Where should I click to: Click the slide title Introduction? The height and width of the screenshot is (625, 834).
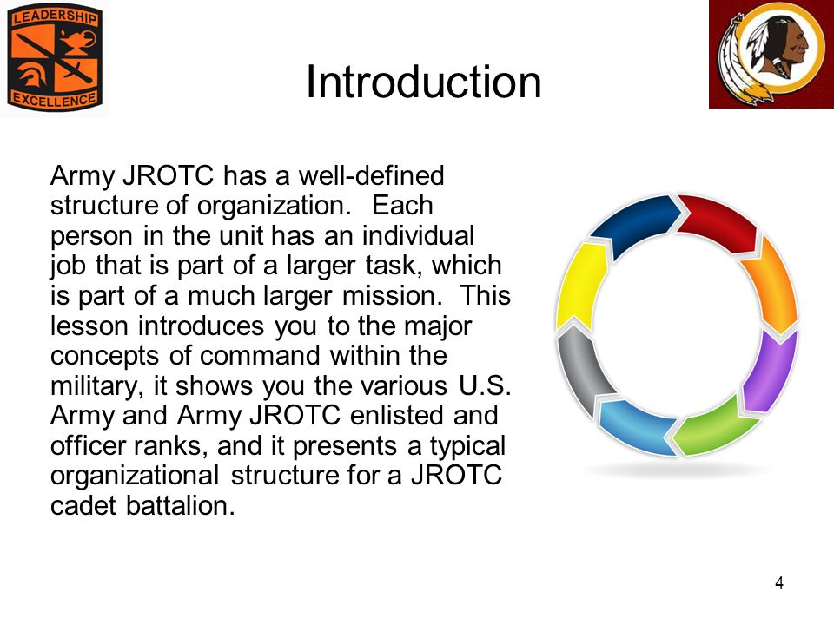coord(423,82)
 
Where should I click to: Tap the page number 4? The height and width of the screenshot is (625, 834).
coord(779,583)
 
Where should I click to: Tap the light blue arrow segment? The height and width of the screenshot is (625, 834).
coord(636,425)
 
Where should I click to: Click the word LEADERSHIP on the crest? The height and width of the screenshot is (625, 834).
coord(54,17)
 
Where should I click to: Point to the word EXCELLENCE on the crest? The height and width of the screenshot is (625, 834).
coord(54,99)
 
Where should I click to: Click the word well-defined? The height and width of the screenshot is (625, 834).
coord(371,175)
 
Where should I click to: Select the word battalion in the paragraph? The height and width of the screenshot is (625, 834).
coord(181,505)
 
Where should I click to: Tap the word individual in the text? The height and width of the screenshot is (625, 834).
coord(418,235)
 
